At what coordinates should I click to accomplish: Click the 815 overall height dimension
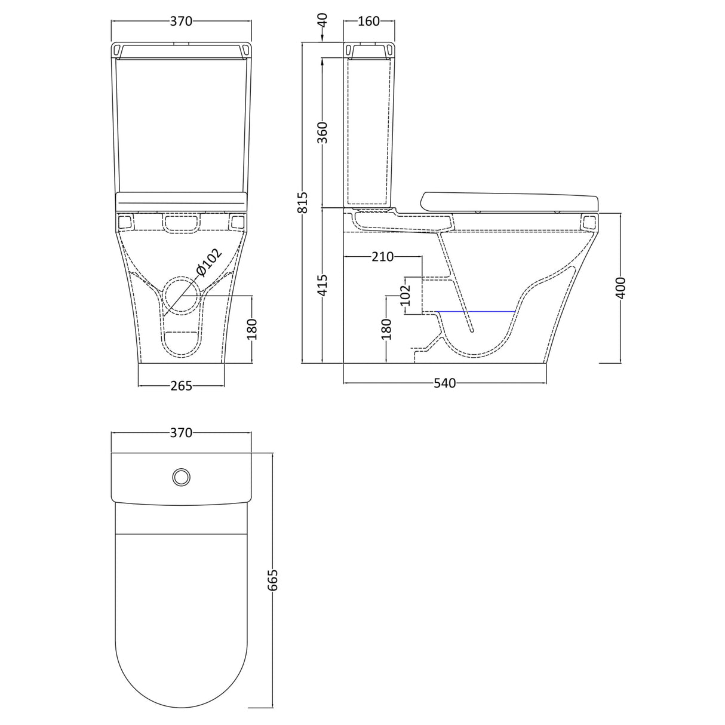pyautogui.click(x=303, y=202)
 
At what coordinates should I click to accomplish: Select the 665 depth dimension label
pyautogui.click(x=273, y=580)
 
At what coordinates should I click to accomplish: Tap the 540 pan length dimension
pyautogui.click(x=445, y=383)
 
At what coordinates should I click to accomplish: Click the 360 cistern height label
pyautogui.click(x=322, y=133)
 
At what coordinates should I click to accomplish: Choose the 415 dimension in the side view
pyautogui.click(x=322, y=285)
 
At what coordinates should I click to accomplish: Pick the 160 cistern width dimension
pyautogui.click(x=368, y=21)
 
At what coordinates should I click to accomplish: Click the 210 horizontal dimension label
pyautogui.click(x=382, y=257)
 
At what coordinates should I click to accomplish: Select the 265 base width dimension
pyautogui.click(x=181, y=386)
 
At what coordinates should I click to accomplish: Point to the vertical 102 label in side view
pyautogui.click(x=405, y=295)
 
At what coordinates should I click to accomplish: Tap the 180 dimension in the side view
pyautogui.click(x=386, y=329)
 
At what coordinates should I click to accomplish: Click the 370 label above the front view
pyautogui.click(x=181, y=21)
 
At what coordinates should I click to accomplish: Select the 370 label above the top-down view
pyautogui.click(x=181, y=433)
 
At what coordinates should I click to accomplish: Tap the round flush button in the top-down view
pyautogui.click(x=182, y=477)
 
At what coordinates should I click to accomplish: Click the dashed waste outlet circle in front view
pyautogui.click(x=181, y=296)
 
